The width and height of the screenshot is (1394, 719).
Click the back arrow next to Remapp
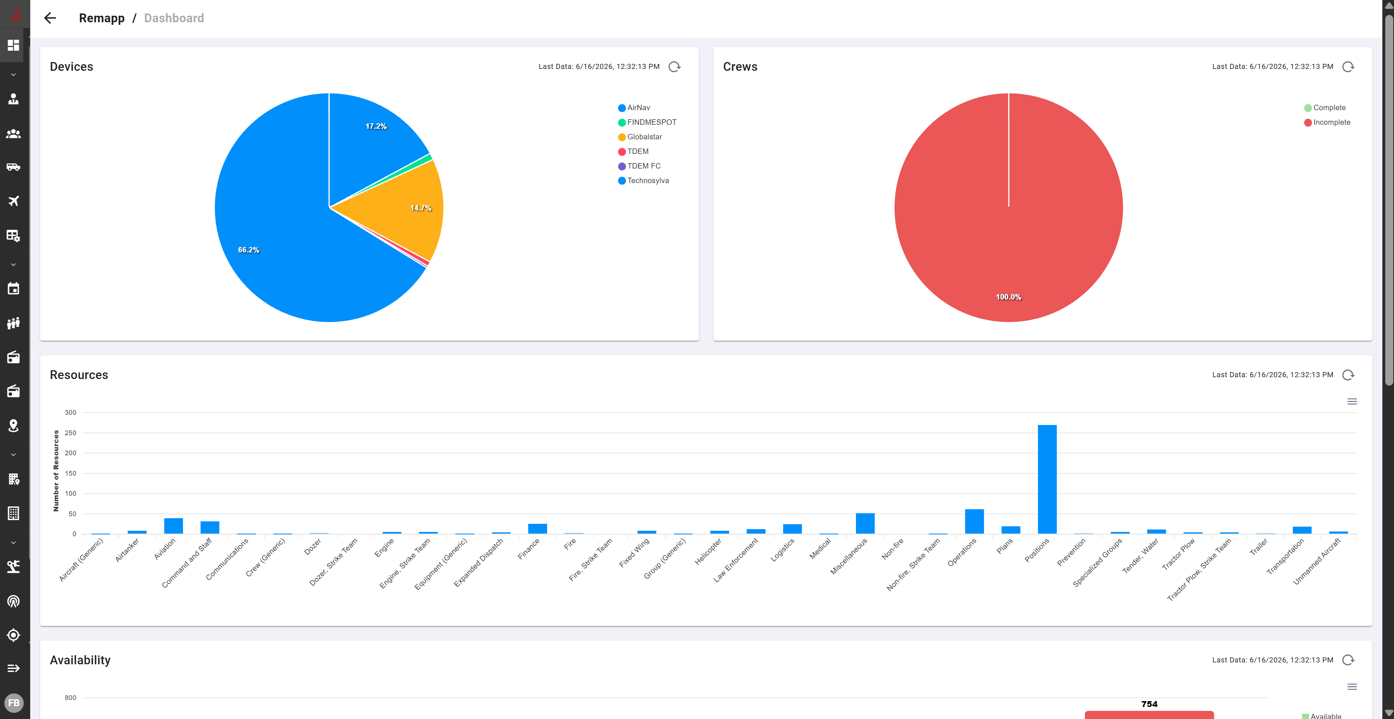(50, 18)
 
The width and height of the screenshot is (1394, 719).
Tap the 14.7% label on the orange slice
(420, 208)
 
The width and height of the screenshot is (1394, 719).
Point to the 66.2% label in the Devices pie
(248, 250)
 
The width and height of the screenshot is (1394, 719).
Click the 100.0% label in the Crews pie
(1009, 297)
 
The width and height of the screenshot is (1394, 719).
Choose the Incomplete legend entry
(1327, 122)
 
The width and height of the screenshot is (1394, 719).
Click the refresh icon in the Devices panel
(674, 67)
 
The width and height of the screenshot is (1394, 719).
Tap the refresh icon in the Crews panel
(1348, 67)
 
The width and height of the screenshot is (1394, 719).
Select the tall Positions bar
(1047, 479)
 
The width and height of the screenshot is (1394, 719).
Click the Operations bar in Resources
(974, 521)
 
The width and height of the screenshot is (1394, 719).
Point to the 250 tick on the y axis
(70, 433)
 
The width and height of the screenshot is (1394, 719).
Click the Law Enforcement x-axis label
(736, 560)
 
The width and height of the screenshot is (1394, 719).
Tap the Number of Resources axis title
(56, 471)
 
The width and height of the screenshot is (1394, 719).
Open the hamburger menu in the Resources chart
(1352, 401)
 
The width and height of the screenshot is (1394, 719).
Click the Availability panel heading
(80, 660)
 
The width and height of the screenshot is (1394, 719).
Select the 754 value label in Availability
(1149, 704)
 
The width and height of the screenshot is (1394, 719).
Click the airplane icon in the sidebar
(13, 201)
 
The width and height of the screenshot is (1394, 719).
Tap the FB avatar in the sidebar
(13, 703)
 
